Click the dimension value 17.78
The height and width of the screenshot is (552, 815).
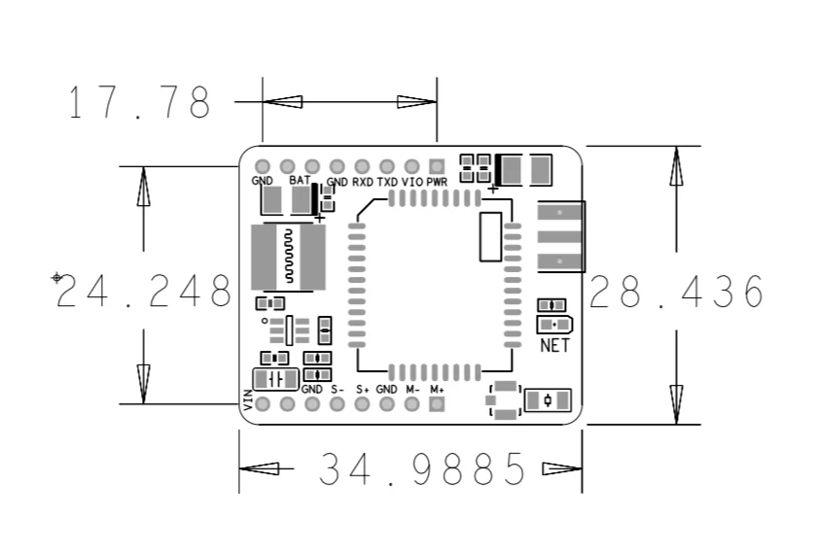pyautogui.click(x=139, y=102)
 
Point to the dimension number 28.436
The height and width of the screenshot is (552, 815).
pyautogui.click(x=677, y=292)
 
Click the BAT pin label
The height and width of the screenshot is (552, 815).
pyautogui.click(x=299, y=181)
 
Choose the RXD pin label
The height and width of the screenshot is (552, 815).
pyautogui.click(x=363, y=182)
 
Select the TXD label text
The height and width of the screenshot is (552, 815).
pyautogui.click(x=387, y=182)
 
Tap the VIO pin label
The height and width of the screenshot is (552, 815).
pyautogui.click(x=412, y=182)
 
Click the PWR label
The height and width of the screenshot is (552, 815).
pyautogui.click(x=437, y=182)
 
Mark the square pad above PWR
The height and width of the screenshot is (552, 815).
pyautogui.click(x=437, y=166)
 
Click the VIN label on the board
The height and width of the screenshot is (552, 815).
pyautogui.click(x=249, y=399)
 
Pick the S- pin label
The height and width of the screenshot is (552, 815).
pyautogui.click(x=337, y=389)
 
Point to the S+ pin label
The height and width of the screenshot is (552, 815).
pyautogui.click(x=362, y=389)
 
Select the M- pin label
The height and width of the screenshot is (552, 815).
pyautogui.click(x=412, y=389)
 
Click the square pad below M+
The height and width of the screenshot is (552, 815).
pyautogui.click(x=437, y=404)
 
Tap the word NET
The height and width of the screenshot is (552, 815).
pyautogui.click(x=553, y=345)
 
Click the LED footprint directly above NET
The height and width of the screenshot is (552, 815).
pyautogui.click(x=554, y=324)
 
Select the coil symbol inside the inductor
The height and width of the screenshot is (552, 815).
pyautogui.click(x=288, y=257)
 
